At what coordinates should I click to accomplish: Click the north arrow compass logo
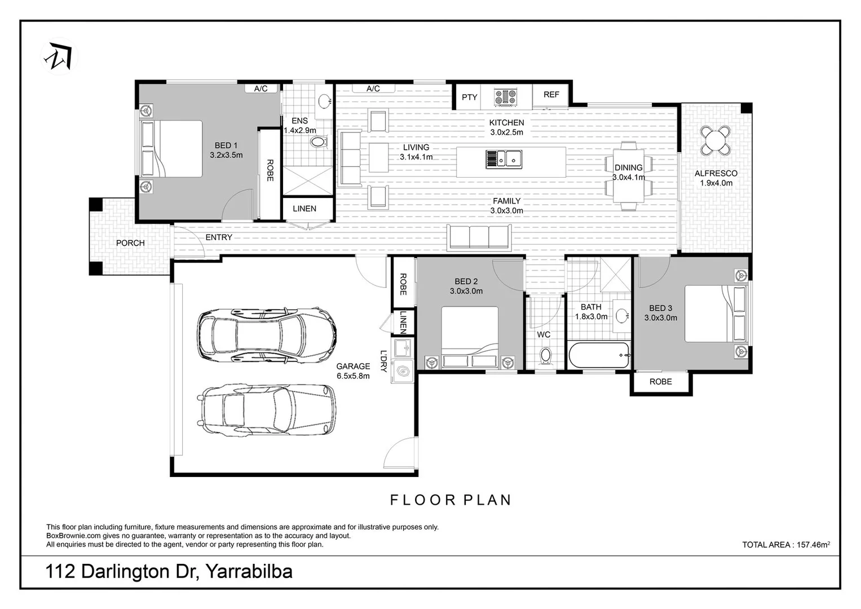[x=60, y=55]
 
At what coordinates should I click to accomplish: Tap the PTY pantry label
[x=469, y=97]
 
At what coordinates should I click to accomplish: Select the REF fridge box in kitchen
[x=551, y=95]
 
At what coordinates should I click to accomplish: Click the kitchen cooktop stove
[x=506, y=97]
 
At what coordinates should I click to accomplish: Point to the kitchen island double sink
[x=504, y=159]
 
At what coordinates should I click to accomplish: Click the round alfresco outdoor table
[x=715, y=140]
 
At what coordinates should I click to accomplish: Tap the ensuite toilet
[x=319, y=142]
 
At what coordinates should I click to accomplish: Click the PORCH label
[x=130, y=243]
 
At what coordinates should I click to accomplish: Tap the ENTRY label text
[x=219, y=237]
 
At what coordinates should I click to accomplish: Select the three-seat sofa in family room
[x=478, y=237]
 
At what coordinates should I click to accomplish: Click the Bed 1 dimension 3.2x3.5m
[x=226, y=155]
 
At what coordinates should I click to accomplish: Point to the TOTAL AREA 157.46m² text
[x=785, y=545]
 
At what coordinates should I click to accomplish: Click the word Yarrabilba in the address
[x=249, y=572]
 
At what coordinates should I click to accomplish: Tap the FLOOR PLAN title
[x=451, y=500]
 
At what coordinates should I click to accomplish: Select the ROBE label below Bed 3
[x=660, y=382]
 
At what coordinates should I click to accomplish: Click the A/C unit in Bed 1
[x=260, y=89]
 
